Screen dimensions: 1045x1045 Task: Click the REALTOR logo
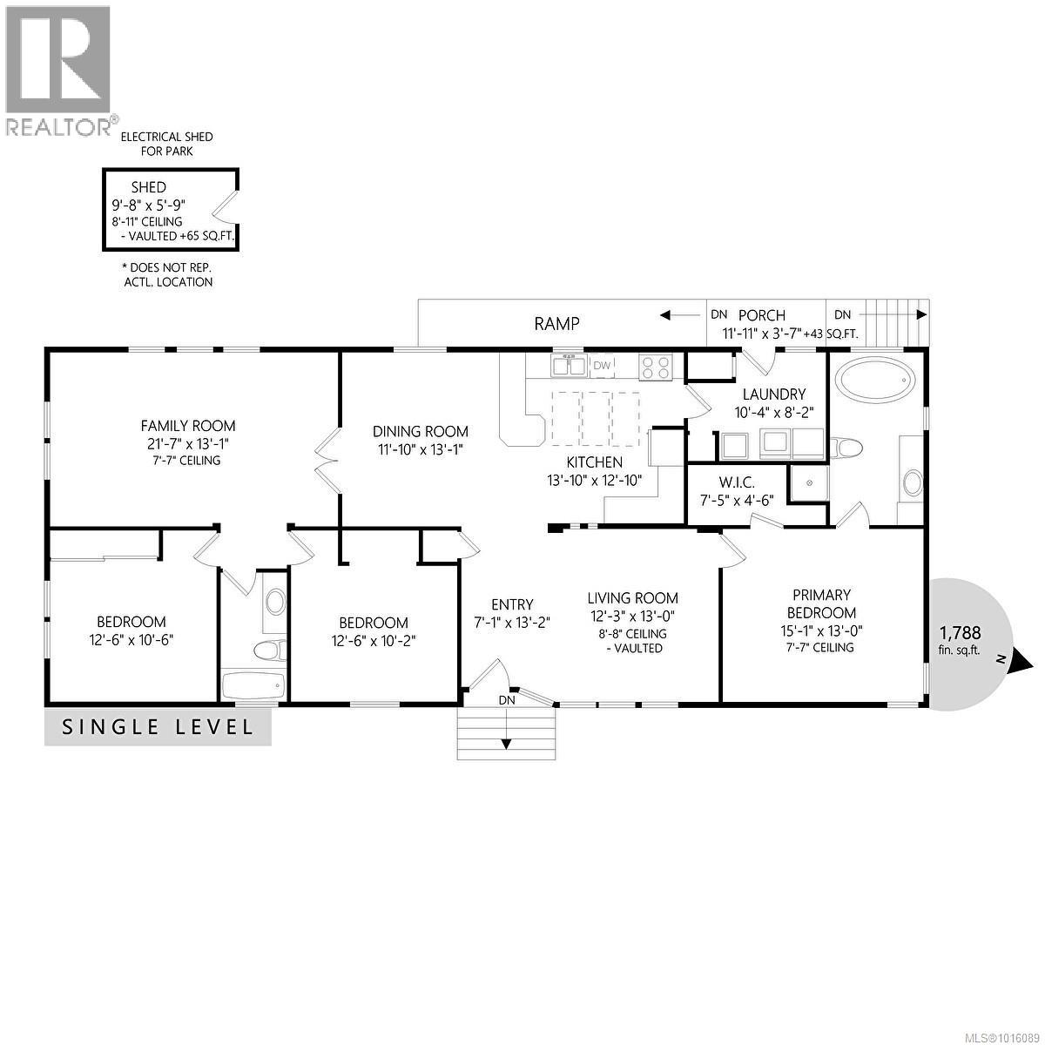57,70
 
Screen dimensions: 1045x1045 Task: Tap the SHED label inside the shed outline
148,187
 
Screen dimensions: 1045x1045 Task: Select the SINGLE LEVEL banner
158,726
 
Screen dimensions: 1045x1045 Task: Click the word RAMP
556,324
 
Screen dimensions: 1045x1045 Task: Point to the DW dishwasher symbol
602,366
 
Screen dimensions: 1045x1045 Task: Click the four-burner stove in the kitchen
657,367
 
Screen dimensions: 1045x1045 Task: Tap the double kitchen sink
570,366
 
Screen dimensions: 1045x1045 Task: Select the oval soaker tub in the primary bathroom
876,381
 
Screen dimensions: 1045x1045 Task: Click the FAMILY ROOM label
188,426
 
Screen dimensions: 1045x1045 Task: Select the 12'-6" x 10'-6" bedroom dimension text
131,640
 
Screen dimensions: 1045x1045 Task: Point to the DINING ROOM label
421,431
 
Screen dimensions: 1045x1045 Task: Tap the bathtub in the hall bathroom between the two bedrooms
253,685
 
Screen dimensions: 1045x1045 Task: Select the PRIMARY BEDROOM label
821,603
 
